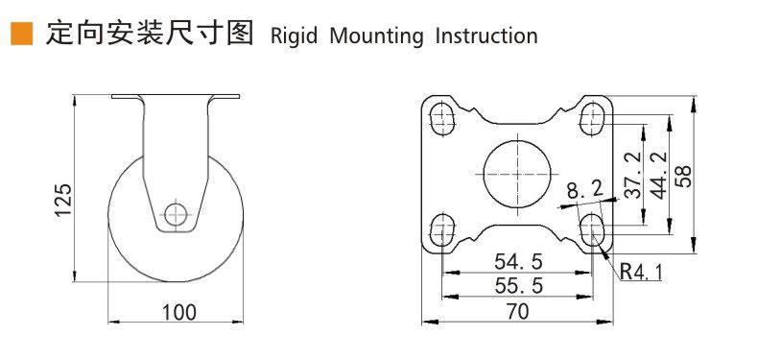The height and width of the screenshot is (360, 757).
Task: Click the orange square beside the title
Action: [x=22, y=34]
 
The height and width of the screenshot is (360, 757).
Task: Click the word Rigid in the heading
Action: [x=294, y=36]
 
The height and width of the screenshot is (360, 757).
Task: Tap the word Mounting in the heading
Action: [x=376, y=36]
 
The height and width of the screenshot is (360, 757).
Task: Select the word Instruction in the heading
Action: [x=486, y=36]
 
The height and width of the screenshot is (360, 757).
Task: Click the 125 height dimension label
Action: [x=63, y=200]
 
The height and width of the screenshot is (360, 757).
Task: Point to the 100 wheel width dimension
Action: [x=178, y=313]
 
